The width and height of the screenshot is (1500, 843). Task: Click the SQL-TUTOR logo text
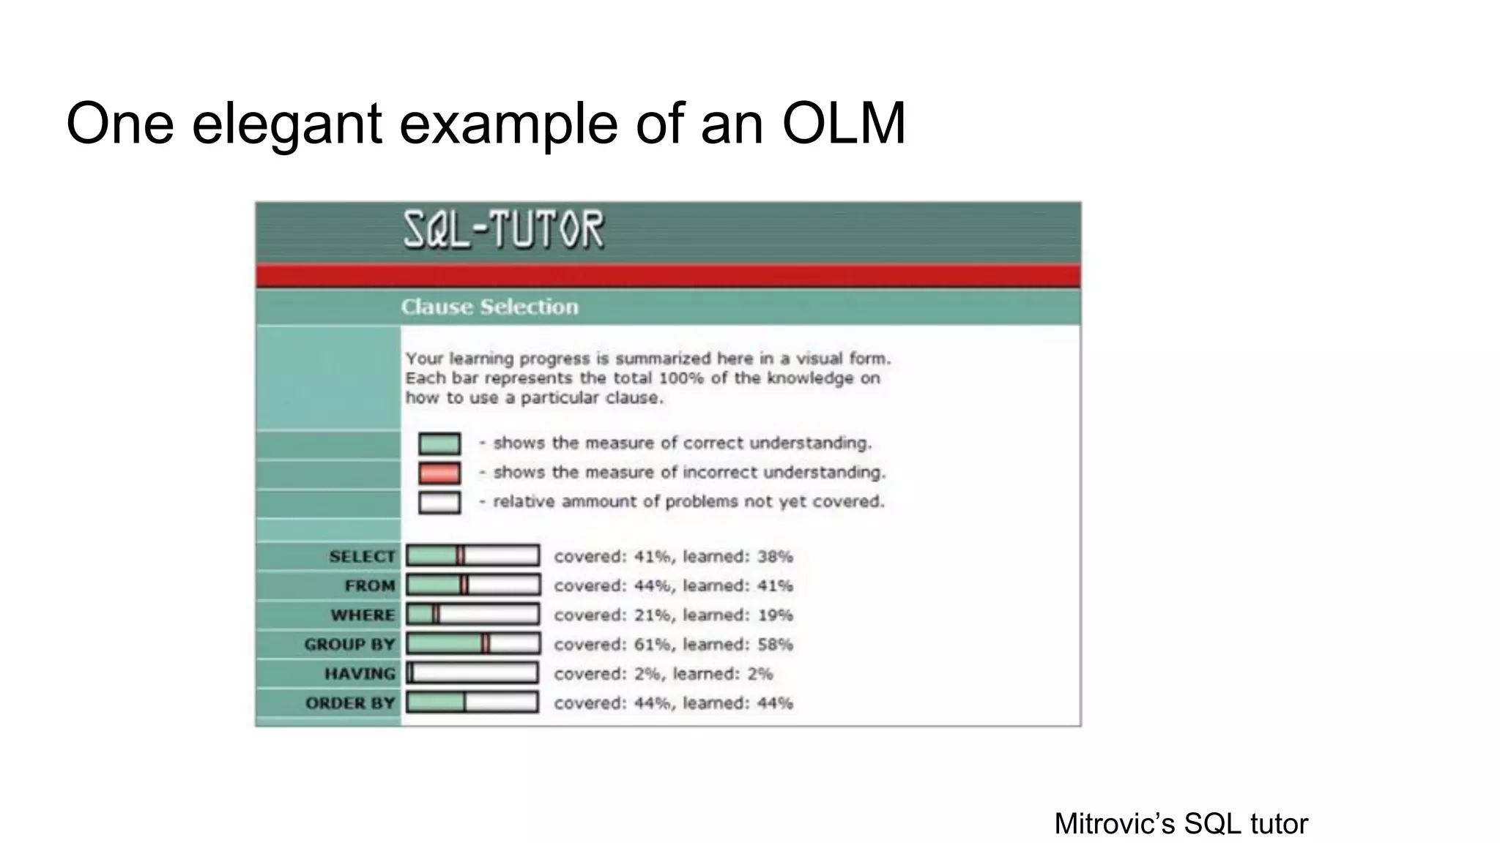(x=504, y=229)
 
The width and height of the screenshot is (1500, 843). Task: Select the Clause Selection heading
(x=489, y=307)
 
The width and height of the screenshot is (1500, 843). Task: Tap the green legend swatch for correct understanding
(x=439, y=443)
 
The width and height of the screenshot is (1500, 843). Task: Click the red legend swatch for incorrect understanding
(x=439, y=473)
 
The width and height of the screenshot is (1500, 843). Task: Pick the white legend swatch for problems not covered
(x=439, y=502)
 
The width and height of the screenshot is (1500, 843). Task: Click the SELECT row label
(x=362, y=557)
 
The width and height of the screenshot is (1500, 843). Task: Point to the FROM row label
(x=370, y=586)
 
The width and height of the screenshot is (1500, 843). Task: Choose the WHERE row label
(x=363, y=615)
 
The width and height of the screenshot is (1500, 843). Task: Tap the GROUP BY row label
(x=349, y=645)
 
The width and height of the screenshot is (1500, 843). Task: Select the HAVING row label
(x=360, y=674)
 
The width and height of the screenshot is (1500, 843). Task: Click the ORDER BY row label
(x=350, y=703)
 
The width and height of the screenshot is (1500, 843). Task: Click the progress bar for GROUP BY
(x=473, y=644)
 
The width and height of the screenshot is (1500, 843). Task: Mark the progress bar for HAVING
(x=473, y=673)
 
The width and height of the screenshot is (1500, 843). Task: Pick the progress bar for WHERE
(x=473, y=615)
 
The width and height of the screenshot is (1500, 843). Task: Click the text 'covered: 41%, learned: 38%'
(x=673, y=557)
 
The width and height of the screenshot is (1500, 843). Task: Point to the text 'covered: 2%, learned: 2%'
(x=663, y=674)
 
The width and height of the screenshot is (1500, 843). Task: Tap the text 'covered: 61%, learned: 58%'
(x=673, y=645)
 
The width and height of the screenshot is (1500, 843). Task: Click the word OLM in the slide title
(x=844, y=123)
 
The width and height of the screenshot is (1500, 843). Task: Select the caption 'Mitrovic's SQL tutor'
(x=1181, y=824)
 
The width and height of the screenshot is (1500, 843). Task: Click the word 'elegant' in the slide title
(x=286, y=123)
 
